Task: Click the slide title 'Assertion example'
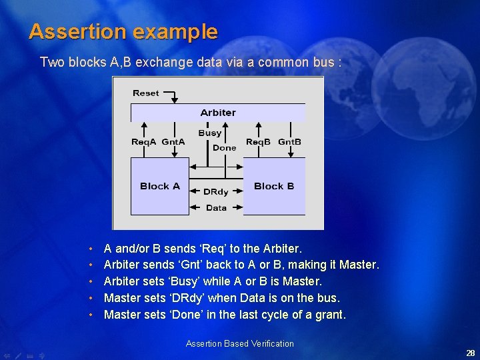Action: [x=123, y=31]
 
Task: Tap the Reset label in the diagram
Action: [x=145, y=93]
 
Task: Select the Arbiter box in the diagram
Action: [x=218, y=113]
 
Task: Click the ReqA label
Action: [x=144, y=142]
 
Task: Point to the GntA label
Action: [x=173, y=142]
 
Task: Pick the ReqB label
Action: [x=259, y=142]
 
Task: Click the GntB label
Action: [x=289, y=142]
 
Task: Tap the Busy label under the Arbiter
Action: [x=210, y=133]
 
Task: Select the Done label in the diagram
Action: [x=224, y=148]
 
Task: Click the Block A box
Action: [x=160, y=186]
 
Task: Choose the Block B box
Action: [x=274, y=186]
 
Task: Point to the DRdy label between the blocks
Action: [x=216, y=191]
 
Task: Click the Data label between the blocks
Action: [x=216, y=208]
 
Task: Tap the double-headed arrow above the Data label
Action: [x=216, y=199]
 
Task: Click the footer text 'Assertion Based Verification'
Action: [x=240, y=344]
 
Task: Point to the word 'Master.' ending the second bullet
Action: [x=359, y=265]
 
